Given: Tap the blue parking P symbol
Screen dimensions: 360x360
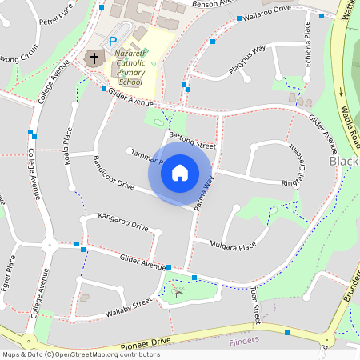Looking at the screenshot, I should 113,40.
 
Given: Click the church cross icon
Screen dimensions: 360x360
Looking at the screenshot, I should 94,58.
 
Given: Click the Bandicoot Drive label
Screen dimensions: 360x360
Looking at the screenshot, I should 114,172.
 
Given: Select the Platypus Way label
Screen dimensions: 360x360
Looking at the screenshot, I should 246,60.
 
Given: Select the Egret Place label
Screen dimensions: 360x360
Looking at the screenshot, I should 10,274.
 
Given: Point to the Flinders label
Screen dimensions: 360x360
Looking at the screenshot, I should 244,341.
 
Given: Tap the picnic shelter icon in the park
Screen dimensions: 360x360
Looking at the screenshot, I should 178,293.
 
